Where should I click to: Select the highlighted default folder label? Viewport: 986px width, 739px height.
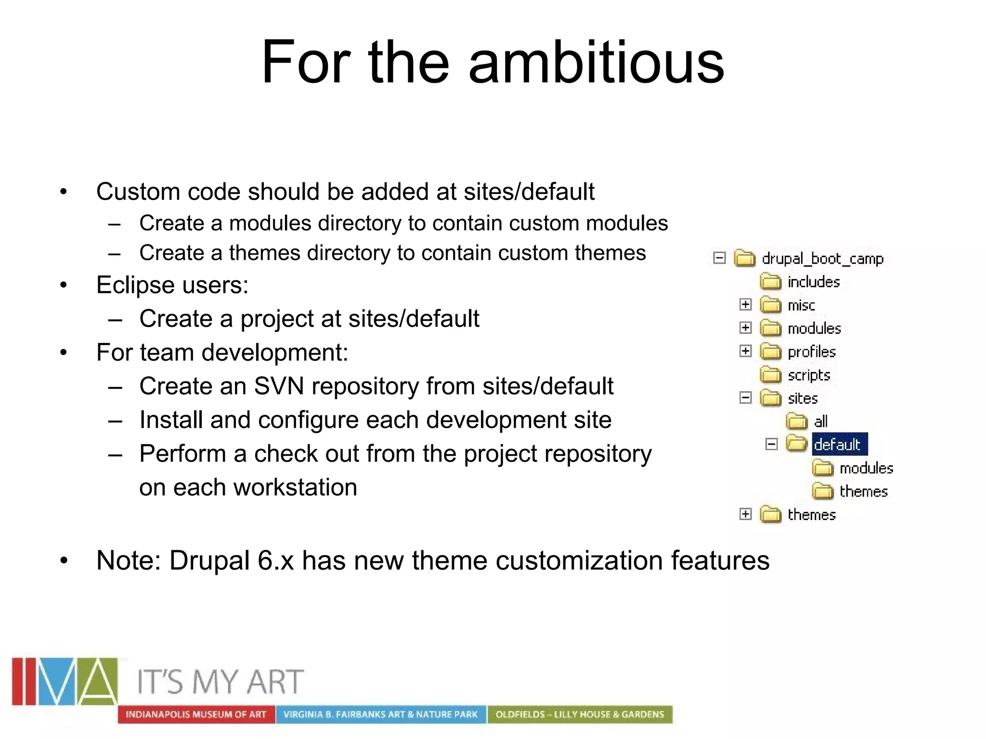click(x=839, y=444)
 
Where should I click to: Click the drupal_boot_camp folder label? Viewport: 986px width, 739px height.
click(x=822, y=259)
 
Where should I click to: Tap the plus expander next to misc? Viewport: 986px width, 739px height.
click(x=745, y=305)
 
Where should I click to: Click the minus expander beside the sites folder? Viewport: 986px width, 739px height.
click(x=745, y=398)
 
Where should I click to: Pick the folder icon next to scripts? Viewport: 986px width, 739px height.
click(x=770, y=375)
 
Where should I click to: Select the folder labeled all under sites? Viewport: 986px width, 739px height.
click(x=820, y=421)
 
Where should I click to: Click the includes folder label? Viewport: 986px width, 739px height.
click(x=814, y=282)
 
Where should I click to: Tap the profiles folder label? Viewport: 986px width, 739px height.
click(x=812, y=352)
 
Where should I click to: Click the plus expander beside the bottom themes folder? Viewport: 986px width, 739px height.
click(x=745, y=514)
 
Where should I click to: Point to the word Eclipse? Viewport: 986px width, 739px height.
click(x=134, y=285)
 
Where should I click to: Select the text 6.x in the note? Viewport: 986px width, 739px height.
click(x=275, y=561)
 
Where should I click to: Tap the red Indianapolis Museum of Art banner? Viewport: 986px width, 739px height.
click(x=196, y=714)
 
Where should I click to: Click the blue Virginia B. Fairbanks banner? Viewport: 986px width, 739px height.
click(x=380, y=714)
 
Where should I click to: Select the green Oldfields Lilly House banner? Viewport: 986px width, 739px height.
click(x=580, y=714)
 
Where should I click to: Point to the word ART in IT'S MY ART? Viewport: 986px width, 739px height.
click(x=275, y=682)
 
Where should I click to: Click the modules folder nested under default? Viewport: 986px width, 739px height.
click(x=866, y=468)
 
